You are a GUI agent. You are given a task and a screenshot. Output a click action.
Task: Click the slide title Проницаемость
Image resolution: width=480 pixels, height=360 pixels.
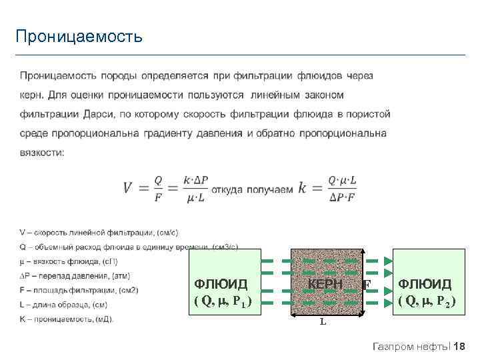[x=79, y=36]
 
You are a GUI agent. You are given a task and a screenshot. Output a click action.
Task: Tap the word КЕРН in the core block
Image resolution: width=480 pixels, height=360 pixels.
[x=325, y=285]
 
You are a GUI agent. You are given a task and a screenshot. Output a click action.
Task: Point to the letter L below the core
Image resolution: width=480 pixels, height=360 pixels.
[x=323, y=322]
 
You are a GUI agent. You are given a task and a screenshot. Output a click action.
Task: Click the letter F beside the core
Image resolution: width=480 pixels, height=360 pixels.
[x=367, y=285]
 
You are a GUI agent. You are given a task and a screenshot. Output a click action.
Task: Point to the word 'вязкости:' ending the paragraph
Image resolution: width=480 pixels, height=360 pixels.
[x=42, y=152]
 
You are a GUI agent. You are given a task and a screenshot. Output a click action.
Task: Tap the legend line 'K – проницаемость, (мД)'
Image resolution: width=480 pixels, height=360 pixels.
[x=67, y=319]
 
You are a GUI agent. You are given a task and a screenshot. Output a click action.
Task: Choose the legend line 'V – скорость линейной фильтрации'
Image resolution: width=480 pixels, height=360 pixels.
[x=99, y=232]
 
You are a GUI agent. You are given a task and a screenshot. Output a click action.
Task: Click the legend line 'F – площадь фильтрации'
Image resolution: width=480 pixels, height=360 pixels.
[x=79, y=290]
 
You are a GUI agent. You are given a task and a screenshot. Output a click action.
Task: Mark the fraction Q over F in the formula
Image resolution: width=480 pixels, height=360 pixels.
[x=158, y=188]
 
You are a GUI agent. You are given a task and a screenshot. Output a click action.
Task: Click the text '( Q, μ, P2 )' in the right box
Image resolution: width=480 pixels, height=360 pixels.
[x=427, y=301]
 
